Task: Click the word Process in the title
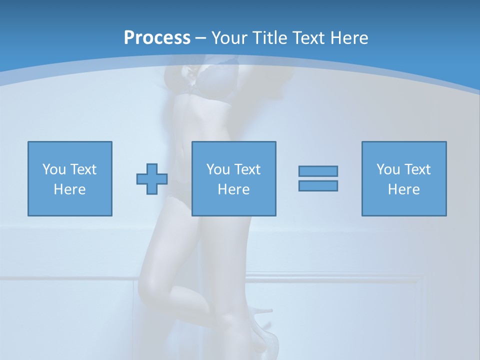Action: click(x=157, y=37)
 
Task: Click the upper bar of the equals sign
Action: click(x=318, y=171)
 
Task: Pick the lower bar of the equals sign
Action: click(x=318, y=185)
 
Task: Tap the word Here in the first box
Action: click(x=69, y=189)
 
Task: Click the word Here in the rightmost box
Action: click(x=404, y=189)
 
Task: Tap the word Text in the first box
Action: click(x=83, y=169)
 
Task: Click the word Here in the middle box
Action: click(x=233, y=189)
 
